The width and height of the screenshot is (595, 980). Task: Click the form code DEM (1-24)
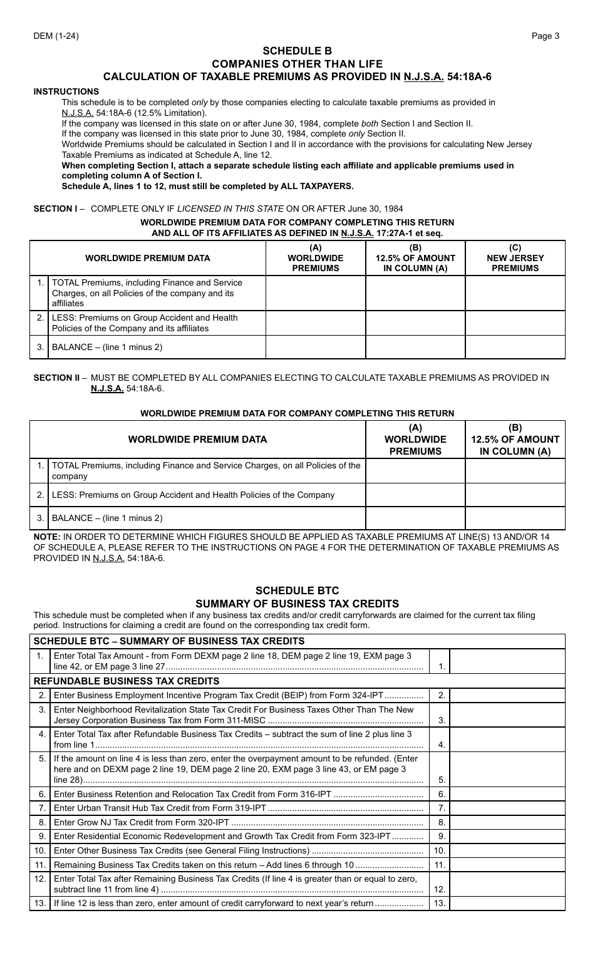56,36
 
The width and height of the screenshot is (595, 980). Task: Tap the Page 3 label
546,36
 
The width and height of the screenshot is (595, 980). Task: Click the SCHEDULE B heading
297,51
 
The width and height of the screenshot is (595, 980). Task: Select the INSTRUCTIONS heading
66,91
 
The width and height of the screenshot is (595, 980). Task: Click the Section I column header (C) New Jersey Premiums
515,258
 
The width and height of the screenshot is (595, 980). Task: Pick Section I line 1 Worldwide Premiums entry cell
316,293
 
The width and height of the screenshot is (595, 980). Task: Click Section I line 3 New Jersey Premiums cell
515,347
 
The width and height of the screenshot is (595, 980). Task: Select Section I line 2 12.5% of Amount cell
415,323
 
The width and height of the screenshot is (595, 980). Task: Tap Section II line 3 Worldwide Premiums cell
415,518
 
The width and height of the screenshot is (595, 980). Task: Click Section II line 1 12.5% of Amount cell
515,471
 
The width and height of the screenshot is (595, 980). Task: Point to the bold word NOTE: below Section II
47,537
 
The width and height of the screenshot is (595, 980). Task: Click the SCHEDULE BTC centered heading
297,591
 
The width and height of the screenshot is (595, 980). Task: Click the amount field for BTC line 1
507,661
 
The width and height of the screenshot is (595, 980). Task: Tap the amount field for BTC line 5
507,769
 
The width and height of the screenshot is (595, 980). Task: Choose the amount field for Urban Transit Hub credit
507,808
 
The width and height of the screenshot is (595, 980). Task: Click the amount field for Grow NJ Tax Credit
507,822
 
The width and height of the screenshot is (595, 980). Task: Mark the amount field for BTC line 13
507,903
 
